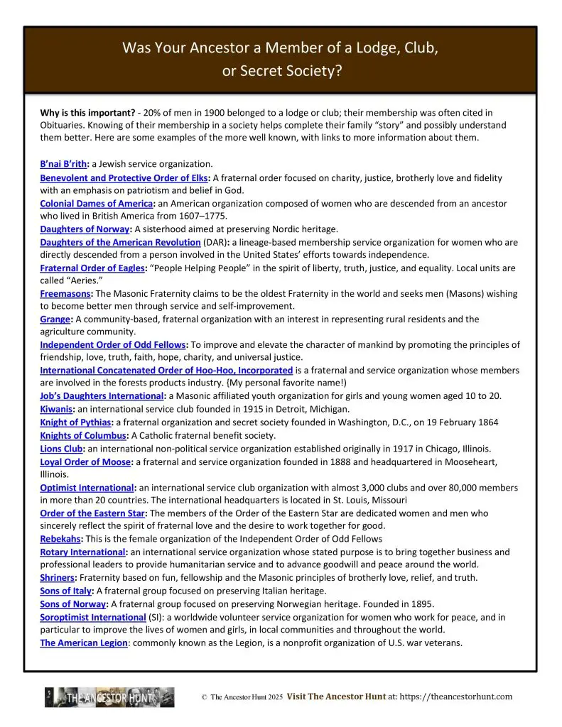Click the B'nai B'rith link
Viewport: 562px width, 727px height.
63,164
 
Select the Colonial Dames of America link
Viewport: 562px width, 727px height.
96,203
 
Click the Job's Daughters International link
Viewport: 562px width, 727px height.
102,395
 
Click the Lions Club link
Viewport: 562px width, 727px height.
61,448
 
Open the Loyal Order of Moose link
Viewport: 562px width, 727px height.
85,461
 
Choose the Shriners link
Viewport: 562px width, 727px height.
57,577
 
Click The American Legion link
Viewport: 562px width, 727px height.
84,643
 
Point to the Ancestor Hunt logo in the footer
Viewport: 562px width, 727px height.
110,697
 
